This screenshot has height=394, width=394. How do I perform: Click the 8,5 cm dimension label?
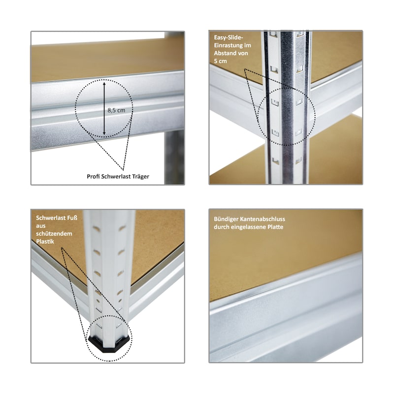coord(116,110)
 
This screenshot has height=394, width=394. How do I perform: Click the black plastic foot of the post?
coord(109,342)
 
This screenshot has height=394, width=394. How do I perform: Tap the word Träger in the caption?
coord(139,176)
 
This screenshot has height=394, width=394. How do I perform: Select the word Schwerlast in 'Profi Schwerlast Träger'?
coord(116,176)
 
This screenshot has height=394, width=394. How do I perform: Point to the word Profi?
coord(93,176)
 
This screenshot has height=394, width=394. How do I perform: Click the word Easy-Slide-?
coord(229,38)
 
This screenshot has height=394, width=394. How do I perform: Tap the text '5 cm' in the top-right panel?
coord(220,61)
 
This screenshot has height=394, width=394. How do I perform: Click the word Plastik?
coord(45,241)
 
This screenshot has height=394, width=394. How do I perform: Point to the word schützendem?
coord(54,233)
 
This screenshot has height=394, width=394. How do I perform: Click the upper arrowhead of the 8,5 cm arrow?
coord(104,82)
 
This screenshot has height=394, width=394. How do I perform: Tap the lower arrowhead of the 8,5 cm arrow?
coord(104,132)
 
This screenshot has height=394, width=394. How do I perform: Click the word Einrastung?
coord(232,45)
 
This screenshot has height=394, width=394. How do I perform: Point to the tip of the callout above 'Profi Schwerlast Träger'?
coord(123,170)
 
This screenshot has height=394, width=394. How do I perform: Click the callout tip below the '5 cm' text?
coord(245,69)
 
